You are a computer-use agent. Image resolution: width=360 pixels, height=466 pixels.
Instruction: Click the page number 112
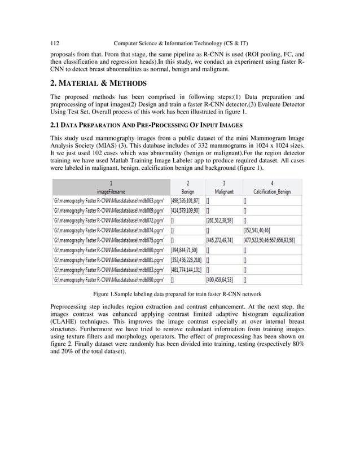click(55, 43)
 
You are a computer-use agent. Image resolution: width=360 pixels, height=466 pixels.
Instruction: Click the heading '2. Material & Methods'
click(99, 83)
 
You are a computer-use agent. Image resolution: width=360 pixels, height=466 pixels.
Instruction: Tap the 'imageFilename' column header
click(111, 191)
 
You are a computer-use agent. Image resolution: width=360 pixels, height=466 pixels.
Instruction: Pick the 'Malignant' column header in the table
click(224, 191)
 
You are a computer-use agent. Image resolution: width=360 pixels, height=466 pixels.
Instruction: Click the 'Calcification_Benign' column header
click(272, 191)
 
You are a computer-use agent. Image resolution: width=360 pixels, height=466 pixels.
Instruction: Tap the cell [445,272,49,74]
click(224, 239)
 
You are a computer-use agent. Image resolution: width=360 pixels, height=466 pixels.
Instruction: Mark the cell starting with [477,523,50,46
click(273, 239)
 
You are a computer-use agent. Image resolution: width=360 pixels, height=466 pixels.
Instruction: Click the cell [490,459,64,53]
click(224, 279)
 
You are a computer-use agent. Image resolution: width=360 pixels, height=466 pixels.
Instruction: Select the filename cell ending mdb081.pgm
click(111, 259)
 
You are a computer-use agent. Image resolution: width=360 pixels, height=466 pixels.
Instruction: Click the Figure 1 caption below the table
click(177, 293)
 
